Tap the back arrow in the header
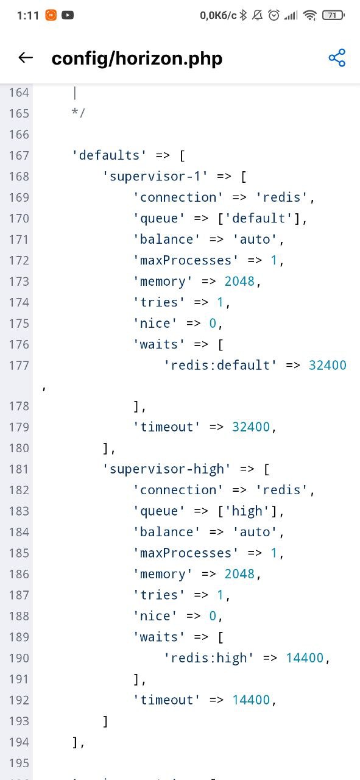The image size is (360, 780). (x=26, y=57)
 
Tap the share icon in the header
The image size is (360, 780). (x=337, y=57)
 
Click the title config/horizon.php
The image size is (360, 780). (x=137, y=58)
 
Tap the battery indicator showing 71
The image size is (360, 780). (x=333, y=15)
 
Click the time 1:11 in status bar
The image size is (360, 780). (x=28, y=15)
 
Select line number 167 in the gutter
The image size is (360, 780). (x=19, y=155)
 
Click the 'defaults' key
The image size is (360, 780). (x=109, y=155)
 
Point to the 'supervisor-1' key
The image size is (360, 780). (x=155, y=176)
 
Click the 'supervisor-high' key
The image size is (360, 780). (x=166, y=469)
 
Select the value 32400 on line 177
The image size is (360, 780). (x=328, y=365)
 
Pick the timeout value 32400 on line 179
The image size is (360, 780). (x=251, y=427)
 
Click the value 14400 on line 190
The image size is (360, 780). (x=305, y=658)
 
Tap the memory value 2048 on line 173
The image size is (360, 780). (x=239, y=281)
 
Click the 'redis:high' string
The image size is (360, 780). (x=209, y=658)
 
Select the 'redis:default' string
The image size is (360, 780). (x=221, y=365)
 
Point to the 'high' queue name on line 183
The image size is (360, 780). (x=247, y=511)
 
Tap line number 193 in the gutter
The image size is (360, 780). (x=19, y=721)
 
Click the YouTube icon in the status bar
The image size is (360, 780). (x=68, y=15)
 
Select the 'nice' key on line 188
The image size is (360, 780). (x=155, y=616)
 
